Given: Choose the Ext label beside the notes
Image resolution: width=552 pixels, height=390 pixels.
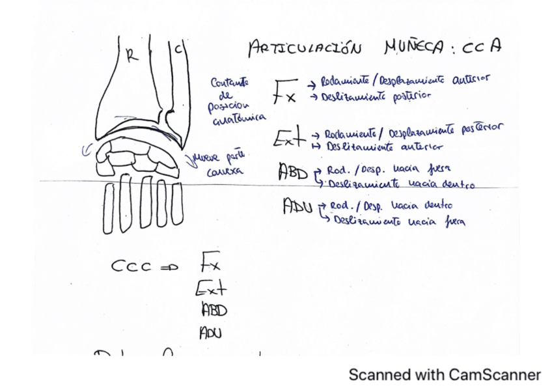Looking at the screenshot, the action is tap(288, 137).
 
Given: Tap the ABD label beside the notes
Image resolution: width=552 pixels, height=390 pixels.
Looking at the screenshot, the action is tap(293, 172).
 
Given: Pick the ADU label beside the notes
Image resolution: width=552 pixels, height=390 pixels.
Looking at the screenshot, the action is tap(297, 208).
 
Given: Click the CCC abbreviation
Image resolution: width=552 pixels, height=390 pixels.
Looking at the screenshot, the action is tap(131, 266).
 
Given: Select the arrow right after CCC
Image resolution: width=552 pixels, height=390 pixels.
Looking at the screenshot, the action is tap(169, 266).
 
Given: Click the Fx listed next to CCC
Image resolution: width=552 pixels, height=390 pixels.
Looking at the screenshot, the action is tap(210, 263).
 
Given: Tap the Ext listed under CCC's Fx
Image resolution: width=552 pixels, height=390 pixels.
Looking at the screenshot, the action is tap(211, 287).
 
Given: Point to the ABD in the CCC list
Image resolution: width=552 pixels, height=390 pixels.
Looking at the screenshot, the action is tap(213, 310).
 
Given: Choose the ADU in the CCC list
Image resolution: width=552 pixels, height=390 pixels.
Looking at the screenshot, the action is tap(211, 333).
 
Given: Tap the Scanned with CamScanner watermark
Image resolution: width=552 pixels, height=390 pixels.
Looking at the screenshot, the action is tap(445, 374).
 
